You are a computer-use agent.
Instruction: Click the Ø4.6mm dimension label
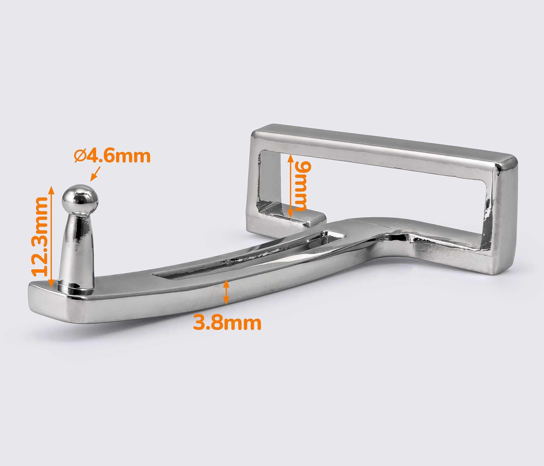pos(112,156)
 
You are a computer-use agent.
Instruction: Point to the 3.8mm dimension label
pos(227,323)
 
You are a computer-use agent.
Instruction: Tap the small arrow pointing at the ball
pos(95,174)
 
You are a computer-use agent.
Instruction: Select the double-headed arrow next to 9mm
pos(290,186)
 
